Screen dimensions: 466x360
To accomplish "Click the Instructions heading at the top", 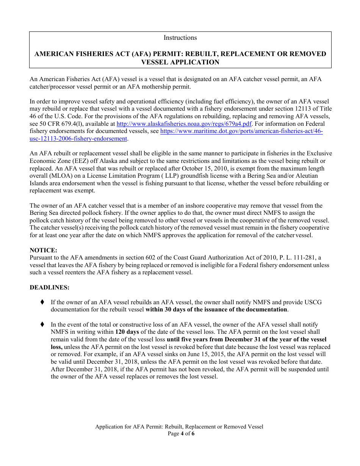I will pyautogui.click(x=180, y=38).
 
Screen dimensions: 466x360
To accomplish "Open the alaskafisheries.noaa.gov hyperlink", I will pyautogui.click(x=184, y=124).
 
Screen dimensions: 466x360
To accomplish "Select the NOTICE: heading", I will pyautogui.click(x=44, y=250).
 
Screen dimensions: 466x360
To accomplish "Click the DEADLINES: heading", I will pyautogui.click(x=50, y=287).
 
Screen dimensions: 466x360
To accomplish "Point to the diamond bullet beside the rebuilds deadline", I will pyautogui.click(x=42, y=302).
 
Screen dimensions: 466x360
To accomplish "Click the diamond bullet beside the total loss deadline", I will pyautogui.click(x=42, y=324).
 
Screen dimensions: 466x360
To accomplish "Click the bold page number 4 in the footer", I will pyautogui.click(x=182, y=433).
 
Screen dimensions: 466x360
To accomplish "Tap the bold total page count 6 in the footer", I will pyautogui.click(x=193, y=433).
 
